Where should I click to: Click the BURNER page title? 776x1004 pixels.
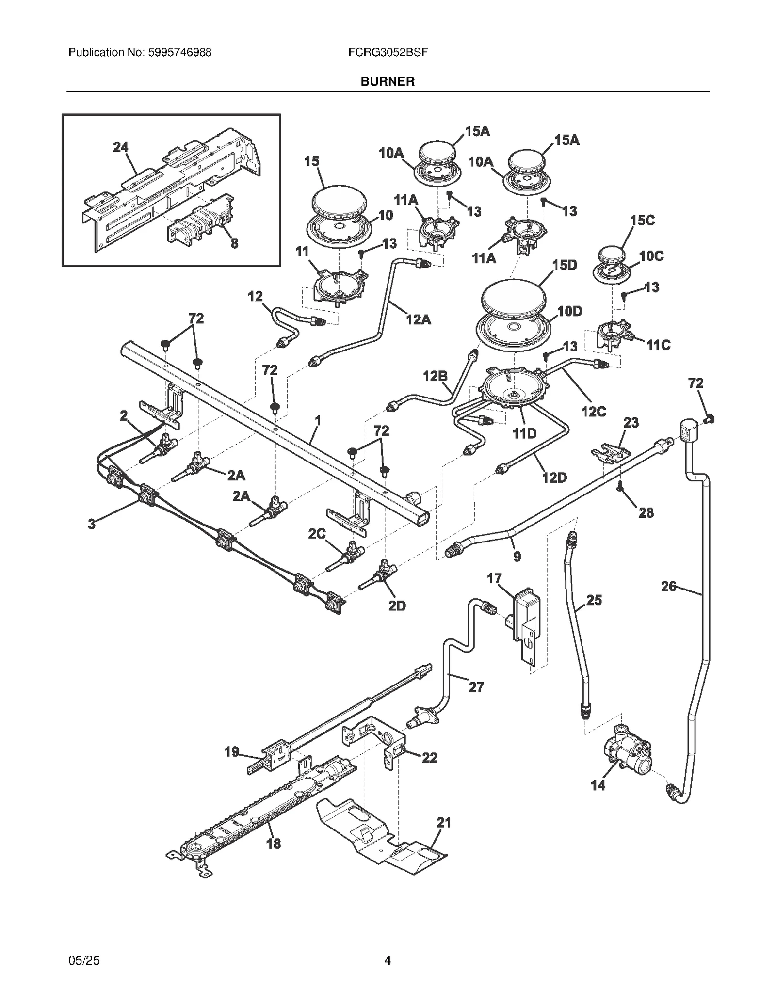click(x=387, y=81)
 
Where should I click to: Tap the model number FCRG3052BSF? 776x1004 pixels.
click(x=388, y=52)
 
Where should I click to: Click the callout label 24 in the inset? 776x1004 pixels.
click(x=121, y=147)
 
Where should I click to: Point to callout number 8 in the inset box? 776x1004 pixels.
click(x=234, y=244)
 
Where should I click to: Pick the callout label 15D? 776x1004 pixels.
click(x=565, y=265)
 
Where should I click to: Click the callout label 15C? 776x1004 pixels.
click(x=642, y=221)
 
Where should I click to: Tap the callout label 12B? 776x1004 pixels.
click(x=435, y=376)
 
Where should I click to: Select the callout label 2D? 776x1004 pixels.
click(x=397, y=606)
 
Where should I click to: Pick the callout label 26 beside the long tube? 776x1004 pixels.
click(x=668, y=587)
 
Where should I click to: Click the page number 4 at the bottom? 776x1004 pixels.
click(x=387, y=960)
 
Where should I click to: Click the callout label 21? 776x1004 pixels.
click(x=443, y=822)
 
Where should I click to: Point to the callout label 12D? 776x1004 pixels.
click(x=554, y=478)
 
